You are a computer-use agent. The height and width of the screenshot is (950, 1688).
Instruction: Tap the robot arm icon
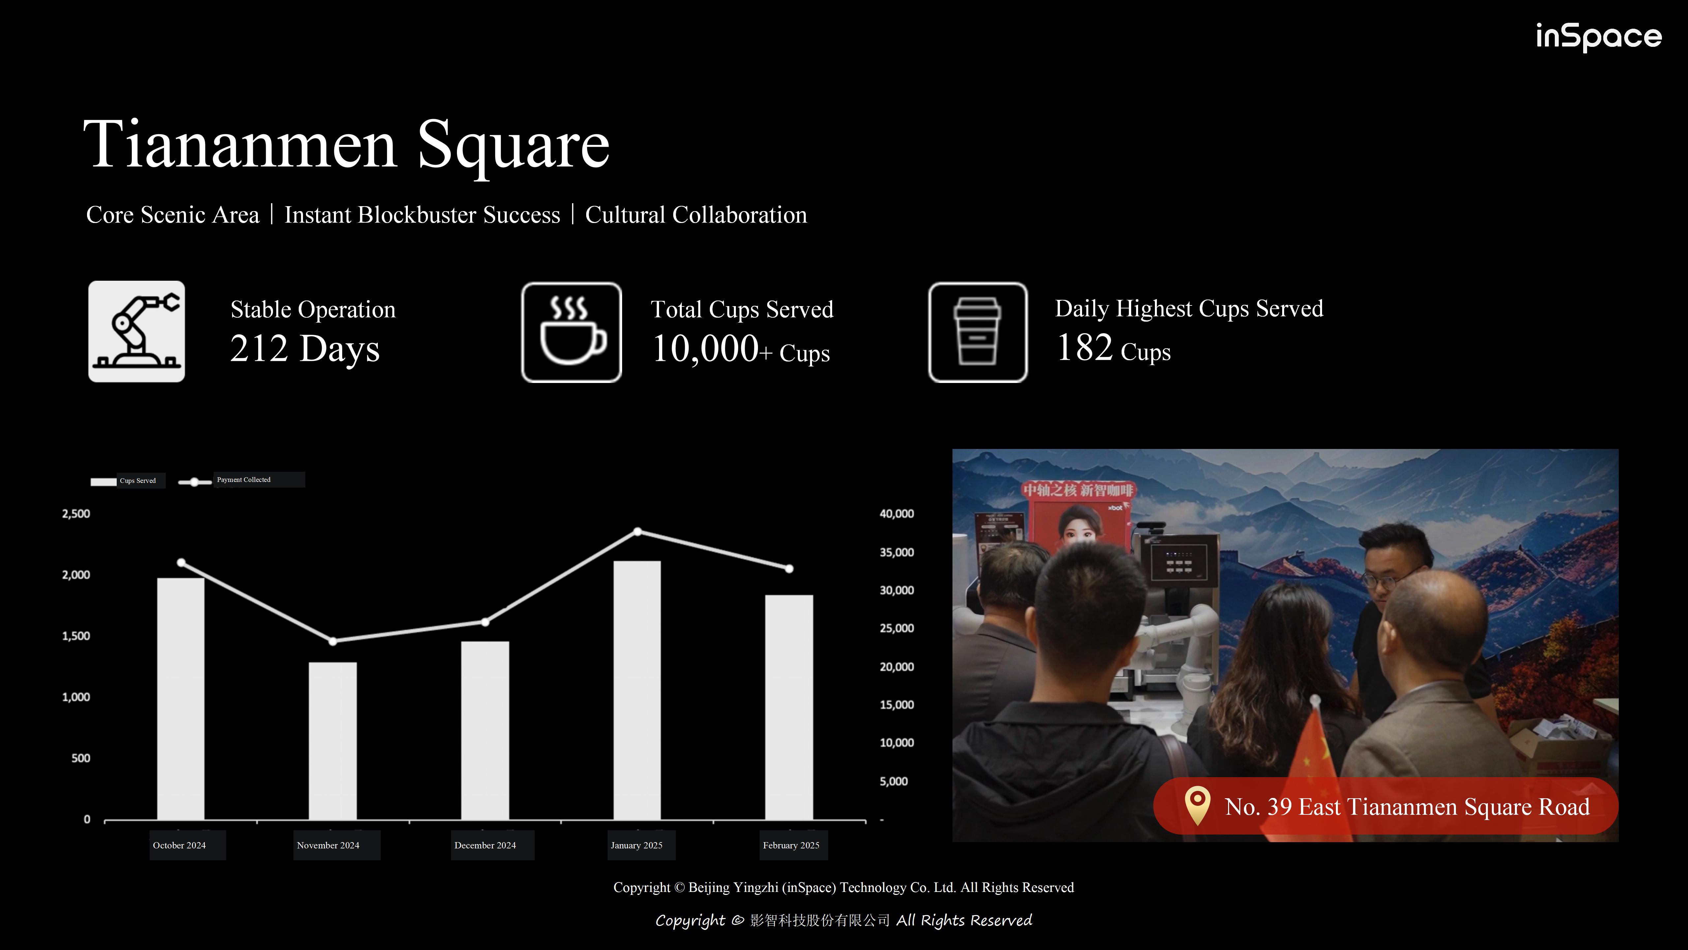click(x=136, y=332)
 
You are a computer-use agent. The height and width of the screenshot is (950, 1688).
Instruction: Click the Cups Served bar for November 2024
click(x=333, y=741)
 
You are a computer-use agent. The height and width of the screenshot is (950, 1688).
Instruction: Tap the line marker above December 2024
click(x=485, y=621)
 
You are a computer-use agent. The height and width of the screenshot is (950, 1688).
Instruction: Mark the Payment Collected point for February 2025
click(x=789, y=568)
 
